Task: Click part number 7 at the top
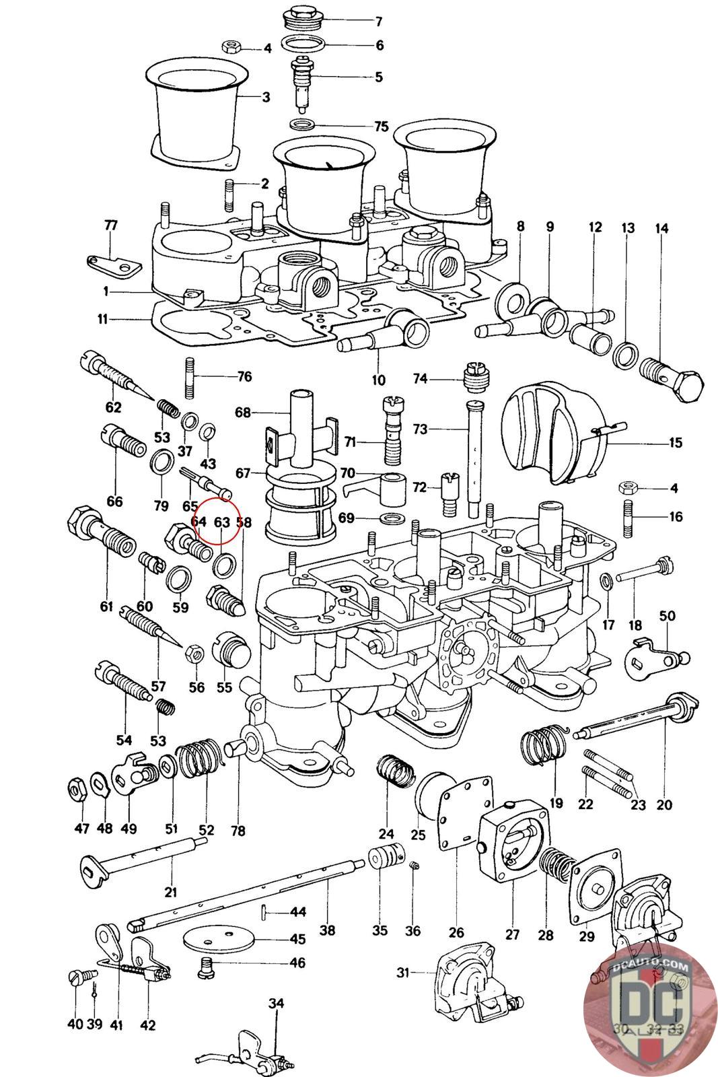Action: (378, 22)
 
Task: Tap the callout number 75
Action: (382, 127)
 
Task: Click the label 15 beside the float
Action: (675, 442)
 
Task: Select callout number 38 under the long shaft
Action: (327, 931)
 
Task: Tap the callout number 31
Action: (403, 973)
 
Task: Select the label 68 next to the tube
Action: (242, 411)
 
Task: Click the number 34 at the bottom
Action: (277, 1004)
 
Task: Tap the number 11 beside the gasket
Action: (102, 319)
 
